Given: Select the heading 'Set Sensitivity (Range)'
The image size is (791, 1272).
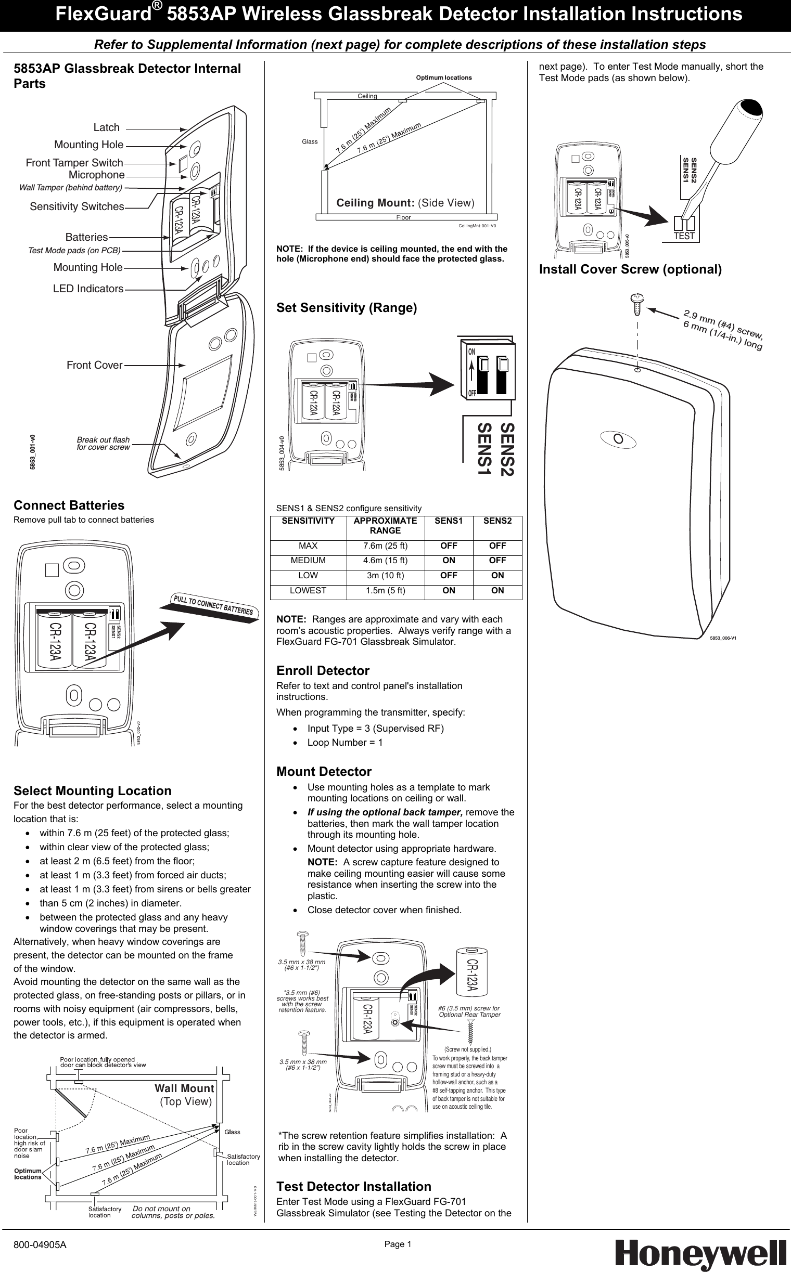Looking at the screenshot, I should [x=347, y=308].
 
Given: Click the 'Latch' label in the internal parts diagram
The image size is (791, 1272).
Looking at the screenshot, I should [x=106, y=127].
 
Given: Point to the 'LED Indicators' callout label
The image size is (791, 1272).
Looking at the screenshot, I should [x=88, y=289].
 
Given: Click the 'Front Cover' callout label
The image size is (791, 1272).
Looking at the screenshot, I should [x=94, y=365].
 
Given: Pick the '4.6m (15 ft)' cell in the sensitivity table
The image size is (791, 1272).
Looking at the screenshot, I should [x=385, y=560].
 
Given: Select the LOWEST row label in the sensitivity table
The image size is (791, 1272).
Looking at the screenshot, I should [x=308, y=590].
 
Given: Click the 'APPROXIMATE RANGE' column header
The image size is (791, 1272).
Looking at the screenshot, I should [x=385, y=525].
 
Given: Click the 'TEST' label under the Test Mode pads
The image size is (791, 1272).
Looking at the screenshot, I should [x=684, y=236].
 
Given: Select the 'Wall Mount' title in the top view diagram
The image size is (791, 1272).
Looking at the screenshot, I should [x=184, y=1088].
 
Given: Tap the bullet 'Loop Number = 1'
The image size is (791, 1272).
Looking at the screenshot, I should [x=345, y=743].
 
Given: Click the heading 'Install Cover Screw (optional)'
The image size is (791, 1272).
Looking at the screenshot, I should [x=630, y=269].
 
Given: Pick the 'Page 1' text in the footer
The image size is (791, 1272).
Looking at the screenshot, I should [x=398, y=1244].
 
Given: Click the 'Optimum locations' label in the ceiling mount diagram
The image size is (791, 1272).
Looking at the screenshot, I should [x=443, y=77].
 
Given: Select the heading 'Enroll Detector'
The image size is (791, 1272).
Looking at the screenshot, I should [x=323, y=671].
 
